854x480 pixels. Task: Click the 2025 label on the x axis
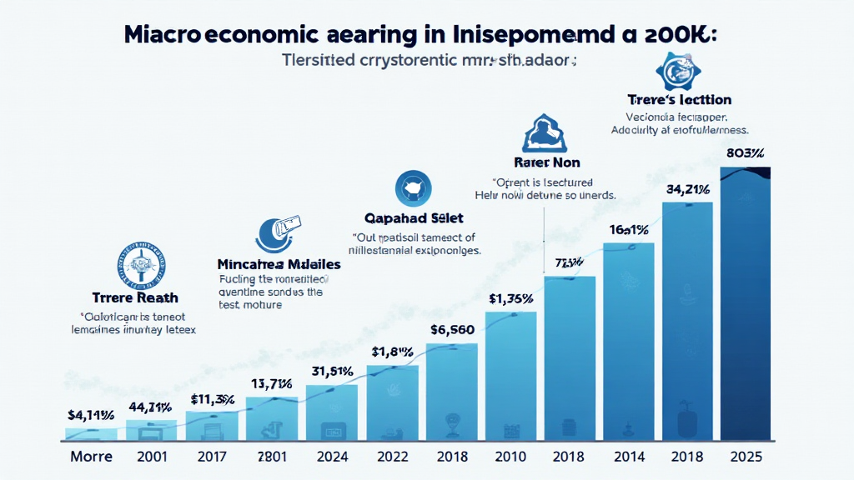[746, 457]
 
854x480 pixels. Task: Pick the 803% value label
[746, 153]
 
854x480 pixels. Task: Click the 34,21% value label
[687, 189]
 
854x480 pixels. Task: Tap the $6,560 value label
[453, 329]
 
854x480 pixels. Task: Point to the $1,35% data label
[510, 298]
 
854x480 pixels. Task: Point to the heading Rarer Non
[547, 162]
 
